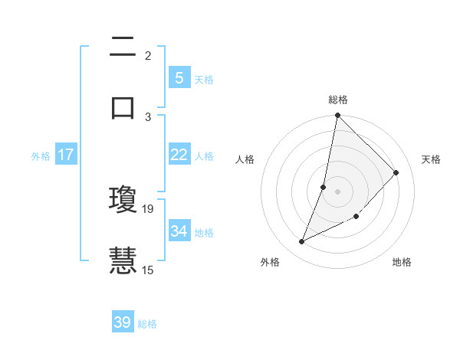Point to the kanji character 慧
pos(123,258)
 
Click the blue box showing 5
pos(179,77)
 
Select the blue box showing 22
pos(179,155)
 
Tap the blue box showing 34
pos(179,231)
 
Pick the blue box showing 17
pos(65,155)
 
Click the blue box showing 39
pos(123,322)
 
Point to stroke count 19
pos(148,208)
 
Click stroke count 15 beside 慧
pos(148,269)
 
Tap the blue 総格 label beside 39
pos(147,324)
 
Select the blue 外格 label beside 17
pos(41,156)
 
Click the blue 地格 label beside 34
pos(204,232)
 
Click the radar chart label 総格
pos(338,99)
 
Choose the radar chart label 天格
pos(431,159)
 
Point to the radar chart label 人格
pos(245,159)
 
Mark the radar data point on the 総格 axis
pos(337,116)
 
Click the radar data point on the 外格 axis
pos(302,242)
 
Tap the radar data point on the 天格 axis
pos(396,172)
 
